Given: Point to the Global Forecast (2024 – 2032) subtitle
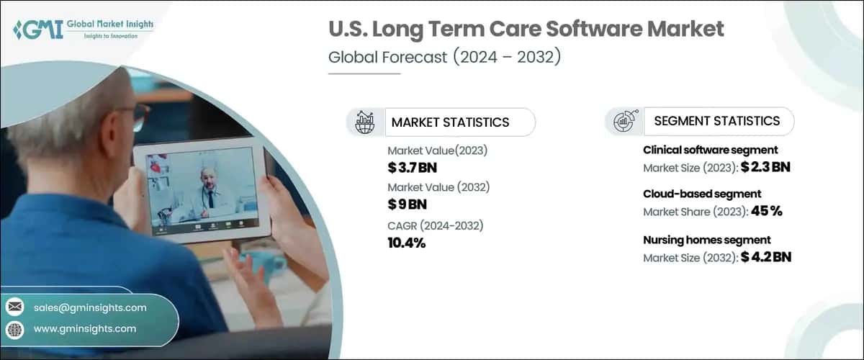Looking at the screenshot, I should pyautogui.click(x=444, y=58).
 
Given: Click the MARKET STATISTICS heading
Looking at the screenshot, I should pyautogui.click(x=450, y=122).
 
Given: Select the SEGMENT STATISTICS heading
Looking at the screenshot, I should pyautogui.click(x=716, y=121).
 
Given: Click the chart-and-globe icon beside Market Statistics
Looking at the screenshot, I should pyautogui.click(x=364, y=122).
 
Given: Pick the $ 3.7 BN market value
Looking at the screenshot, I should pyautogui.click(x=412, y=168).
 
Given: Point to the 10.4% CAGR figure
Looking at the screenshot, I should pyautogui.click(x=407, y=243).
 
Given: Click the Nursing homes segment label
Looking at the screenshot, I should pyautogui.click(x=707, y=240).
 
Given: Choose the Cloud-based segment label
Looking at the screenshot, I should pyautogui.click(x=702, y=194).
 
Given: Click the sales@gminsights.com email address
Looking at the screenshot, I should pyautogui.click(x=90, y=307).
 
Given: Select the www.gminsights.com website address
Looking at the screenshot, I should pyautogui.click(x=85, y=329).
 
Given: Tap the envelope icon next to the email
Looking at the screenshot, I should pyautogui.click(x=14, y=307).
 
